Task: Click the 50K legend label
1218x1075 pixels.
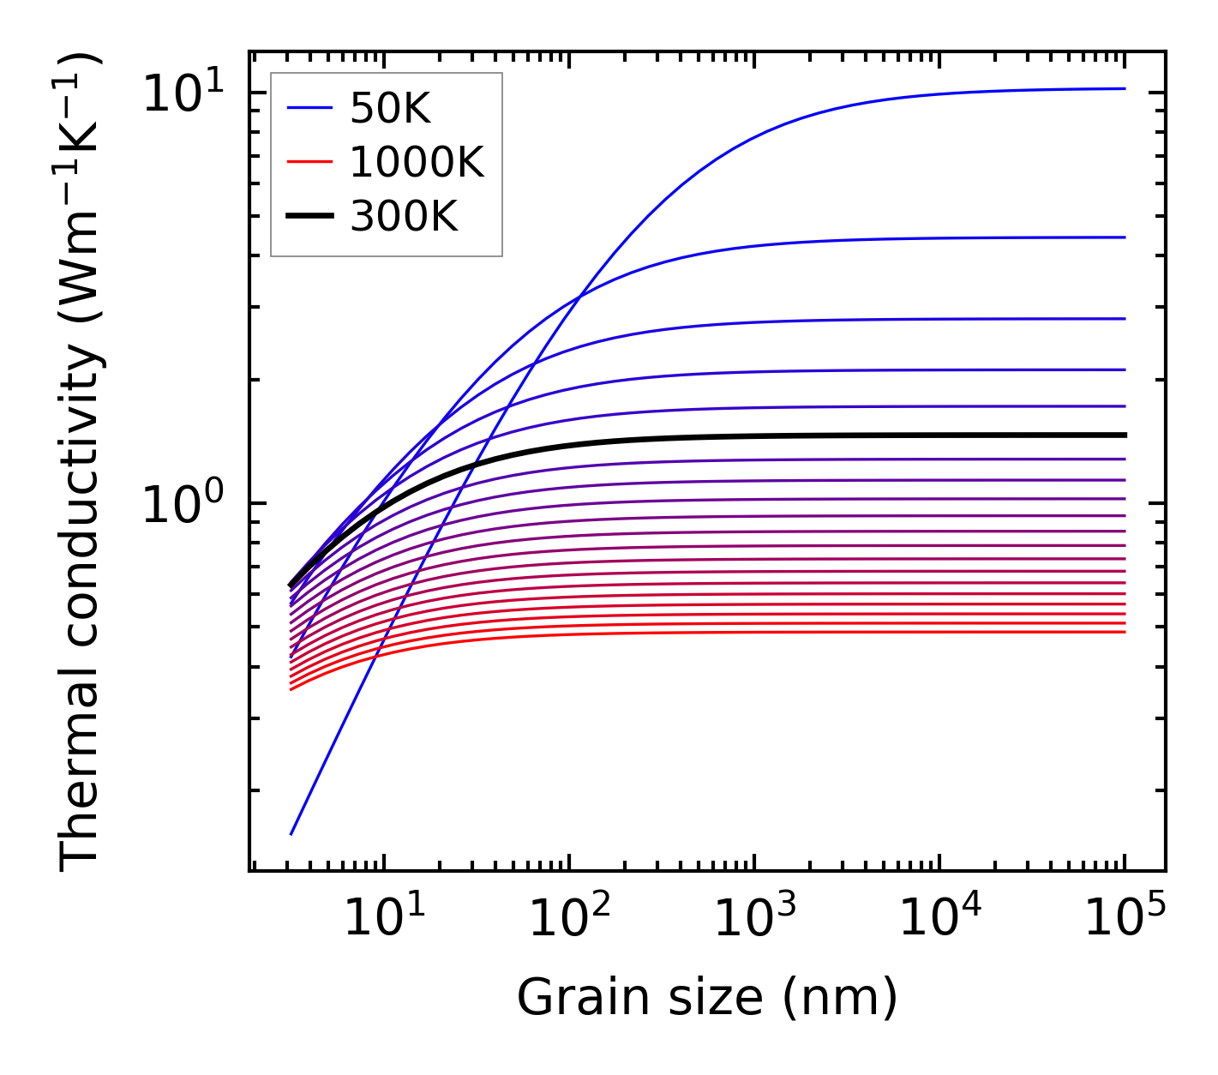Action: [389, 109]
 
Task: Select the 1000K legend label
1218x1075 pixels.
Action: [417, 162]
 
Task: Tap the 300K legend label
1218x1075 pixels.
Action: [404, 217]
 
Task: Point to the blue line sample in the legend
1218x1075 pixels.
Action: [309, 109]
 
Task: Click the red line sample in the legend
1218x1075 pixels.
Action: [309, 162]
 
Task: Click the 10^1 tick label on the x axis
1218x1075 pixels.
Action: [383, 919]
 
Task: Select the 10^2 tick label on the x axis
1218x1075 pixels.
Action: [569, 919]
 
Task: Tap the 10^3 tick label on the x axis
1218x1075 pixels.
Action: [755, 919]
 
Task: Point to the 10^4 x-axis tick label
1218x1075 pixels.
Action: [940, 919]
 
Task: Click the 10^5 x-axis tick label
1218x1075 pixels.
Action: [1125, 919]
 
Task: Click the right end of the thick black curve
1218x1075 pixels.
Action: [1124, 435]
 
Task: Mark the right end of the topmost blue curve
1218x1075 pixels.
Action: [1124, 88]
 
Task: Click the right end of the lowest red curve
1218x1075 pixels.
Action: [1124, 632]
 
